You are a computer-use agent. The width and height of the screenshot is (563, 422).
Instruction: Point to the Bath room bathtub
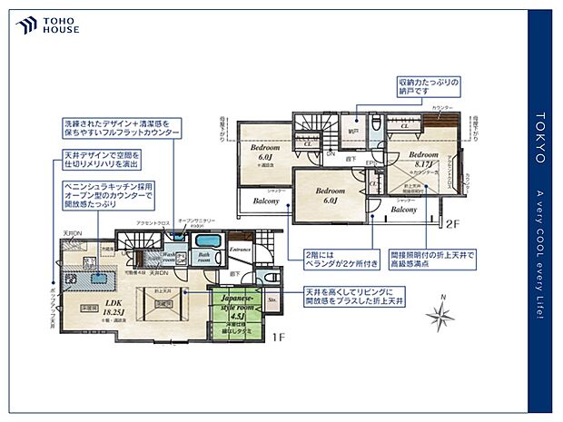[207, 246]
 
